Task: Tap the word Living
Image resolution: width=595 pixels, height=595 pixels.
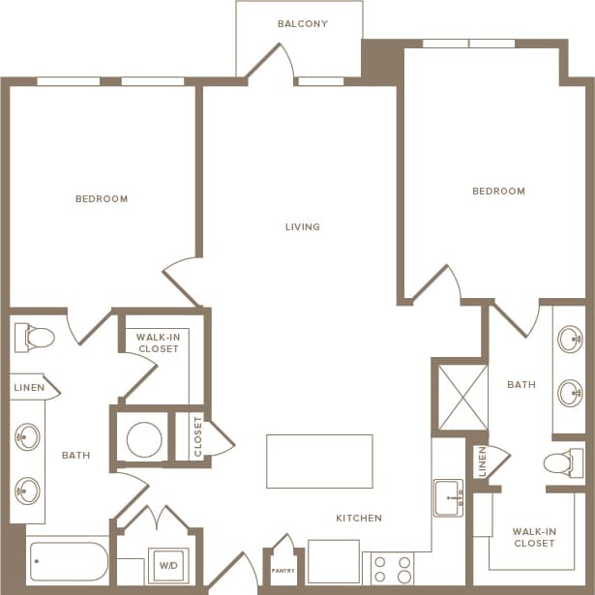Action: point(302,227)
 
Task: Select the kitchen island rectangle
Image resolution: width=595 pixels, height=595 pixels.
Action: point(319,461)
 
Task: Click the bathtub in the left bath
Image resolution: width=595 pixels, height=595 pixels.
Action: point(69,561)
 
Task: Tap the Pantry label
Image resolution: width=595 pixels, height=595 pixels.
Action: point(282,571)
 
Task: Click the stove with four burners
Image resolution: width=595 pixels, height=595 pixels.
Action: point(393,568)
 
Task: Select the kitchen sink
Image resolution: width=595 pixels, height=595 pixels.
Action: point(448,497)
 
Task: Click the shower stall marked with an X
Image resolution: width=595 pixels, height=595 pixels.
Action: point(462,397)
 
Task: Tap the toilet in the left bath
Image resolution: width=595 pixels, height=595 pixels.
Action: point(35,338)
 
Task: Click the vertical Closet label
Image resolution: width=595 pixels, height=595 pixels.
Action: point(198,436)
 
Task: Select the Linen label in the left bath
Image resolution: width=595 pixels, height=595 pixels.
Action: point(28,388)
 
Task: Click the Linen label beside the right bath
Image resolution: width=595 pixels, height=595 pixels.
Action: point(481,462)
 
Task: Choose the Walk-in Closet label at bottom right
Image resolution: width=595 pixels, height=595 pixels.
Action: point(533,537)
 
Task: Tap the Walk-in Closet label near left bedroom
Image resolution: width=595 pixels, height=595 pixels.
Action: point(158,342)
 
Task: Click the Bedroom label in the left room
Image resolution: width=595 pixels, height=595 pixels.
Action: point(102,199)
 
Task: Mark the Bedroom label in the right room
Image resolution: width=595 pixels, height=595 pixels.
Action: point(498,192)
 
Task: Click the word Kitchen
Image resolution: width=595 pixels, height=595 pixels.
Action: point(359,519)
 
